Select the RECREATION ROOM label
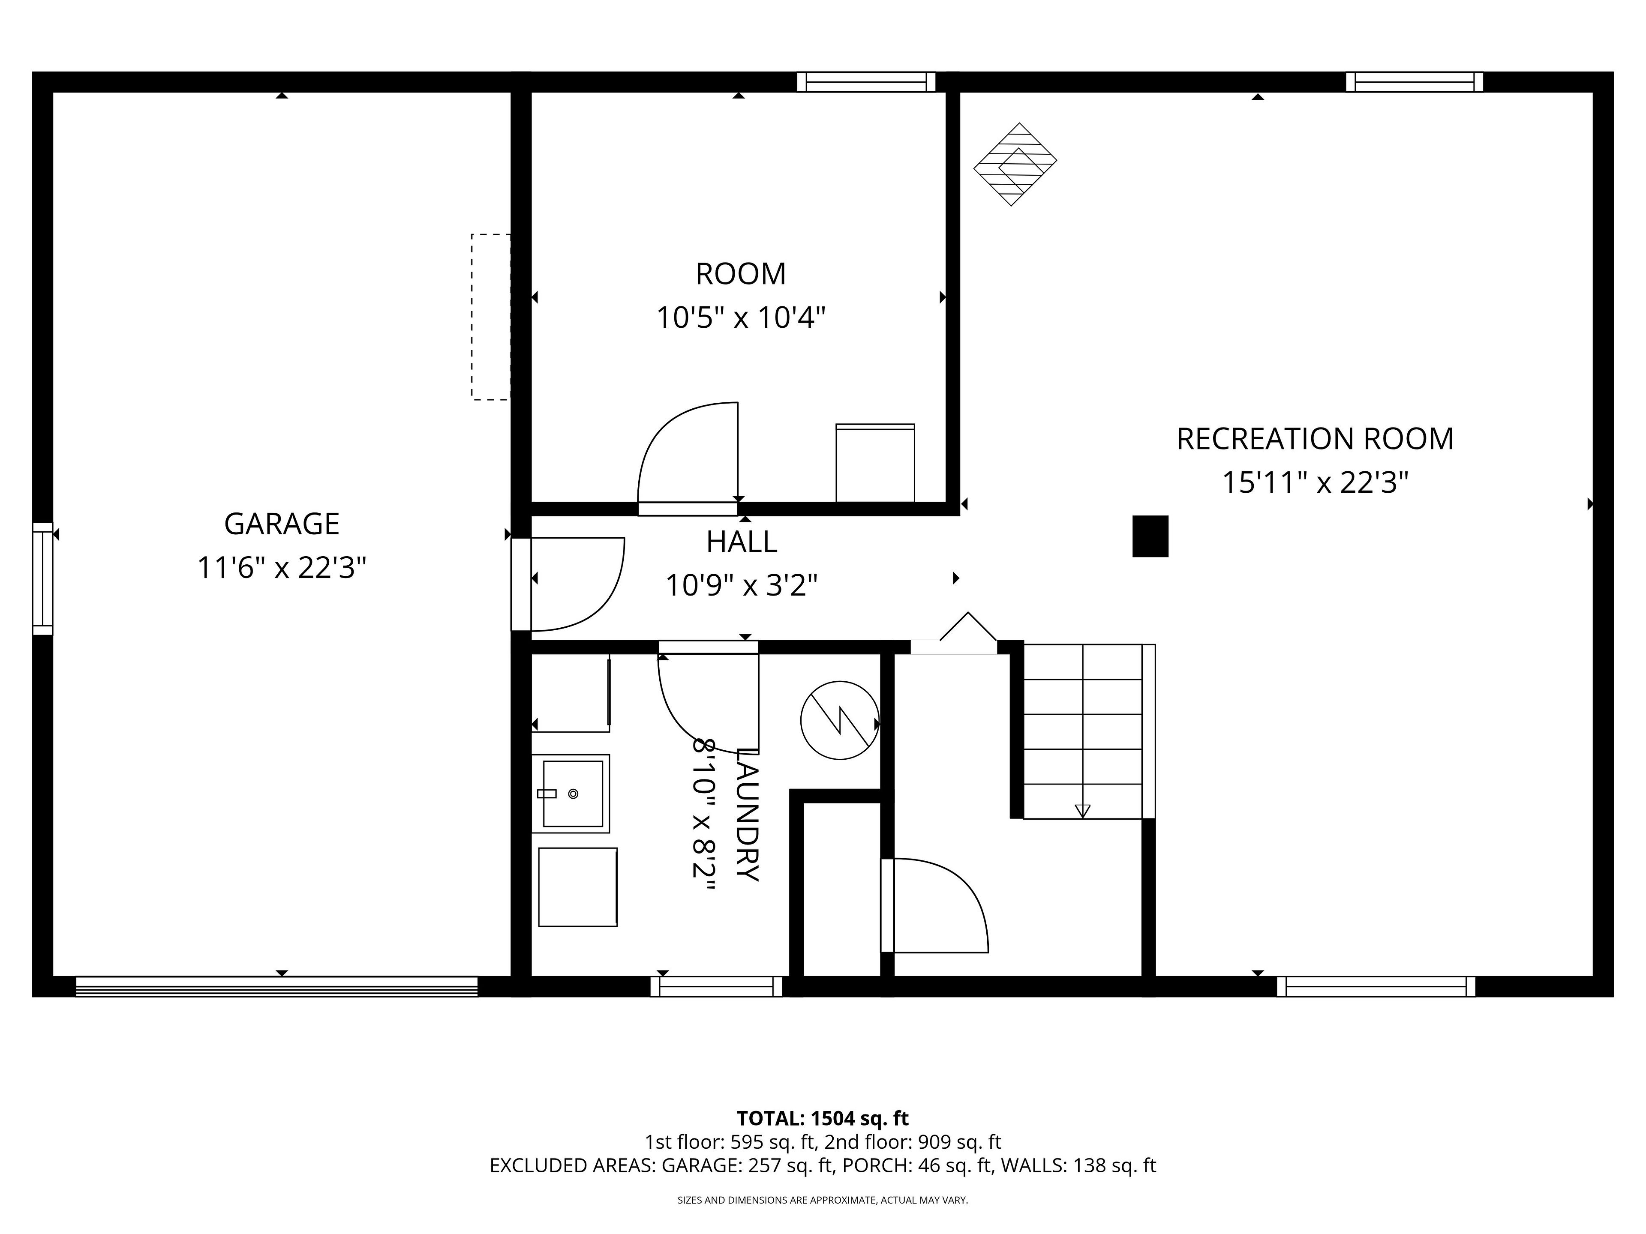pyautogui.click(x=1315, y=439)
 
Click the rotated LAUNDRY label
pyautogui.click(x=747, y=815)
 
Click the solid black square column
pyautogui.click(x=1150, y=536)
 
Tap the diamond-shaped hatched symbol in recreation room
pyautogui.click(x=1015, y=165)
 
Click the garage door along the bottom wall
pyautogui.click(x=277, y=986)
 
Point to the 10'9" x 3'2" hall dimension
pyautogui.click(x=741, y=585)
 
